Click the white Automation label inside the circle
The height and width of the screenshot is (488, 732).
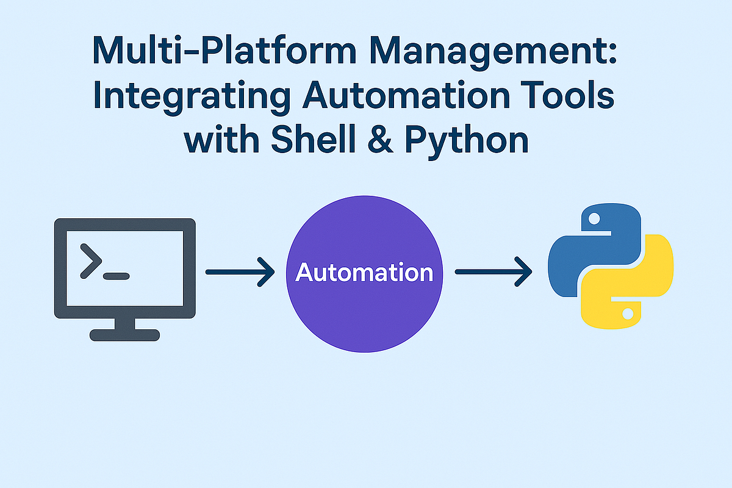point(364,273)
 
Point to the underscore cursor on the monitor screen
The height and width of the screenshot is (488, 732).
point(117,276)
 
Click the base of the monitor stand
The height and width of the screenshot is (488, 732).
point(124,335)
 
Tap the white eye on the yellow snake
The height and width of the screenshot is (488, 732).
point(628,315)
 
